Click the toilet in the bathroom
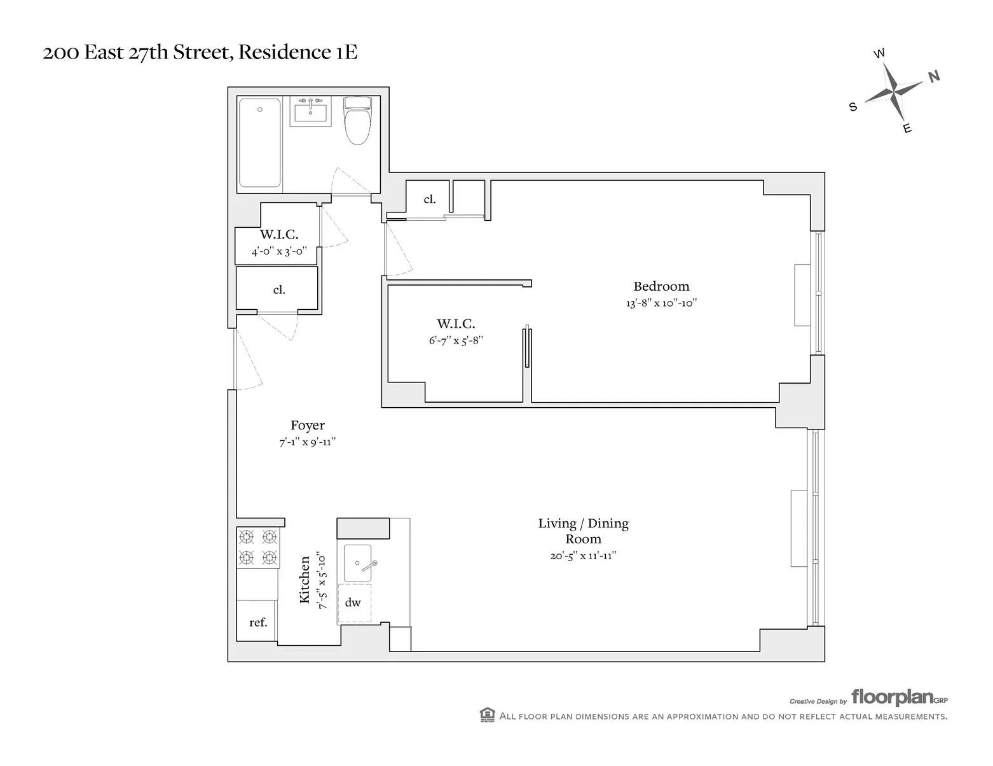point(357,121)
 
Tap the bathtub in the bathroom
point(260,143)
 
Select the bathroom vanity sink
point(311,113)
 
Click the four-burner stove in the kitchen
point(257,548)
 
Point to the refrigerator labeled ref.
point(257,622)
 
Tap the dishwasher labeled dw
point(353,602)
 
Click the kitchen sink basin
point(358,562)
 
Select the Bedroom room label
point(661,286)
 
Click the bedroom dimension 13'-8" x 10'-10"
point(661,303)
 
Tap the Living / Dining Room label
point(583,531)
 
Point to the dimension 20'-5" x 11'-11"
point(583,555)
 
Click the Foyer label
point(308,426)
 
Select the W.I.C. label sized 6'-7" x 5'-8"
point(456,324)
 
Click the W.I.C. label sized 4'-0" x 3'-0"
point(278,235)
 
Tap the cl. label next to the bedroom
point(430,199)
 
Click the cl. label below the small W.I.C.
point(279,290)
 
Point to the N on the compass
point(934,77)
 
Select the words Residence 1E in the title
point(298,52)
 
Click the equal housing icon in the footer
point(487,715)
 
